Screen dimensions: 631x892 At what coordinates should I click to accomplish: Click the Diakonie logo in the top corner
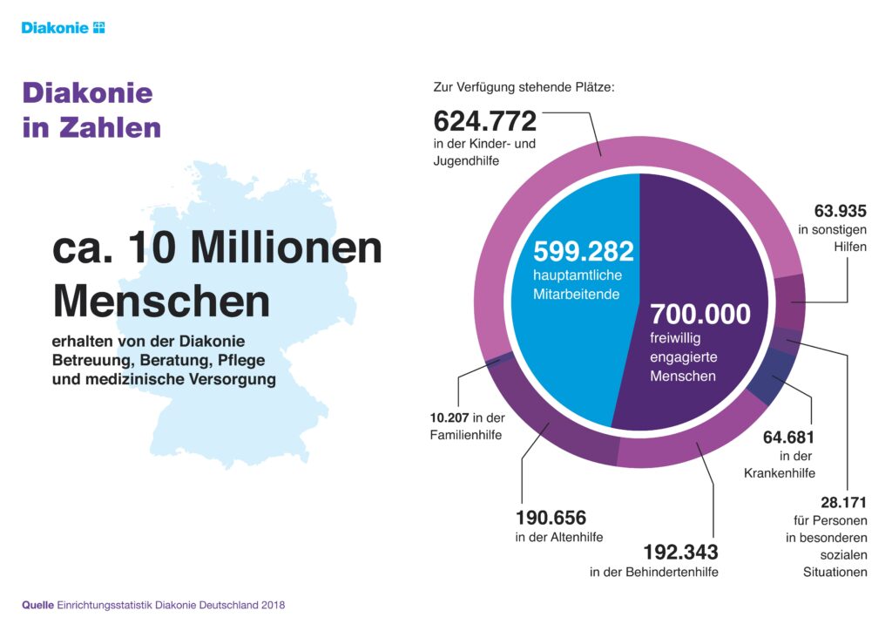point(63,28)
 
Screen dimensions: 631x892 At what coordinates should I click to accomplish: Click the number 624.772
point(484,121)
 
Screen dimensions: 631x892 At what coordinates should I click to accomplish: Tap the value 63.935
point(841,211)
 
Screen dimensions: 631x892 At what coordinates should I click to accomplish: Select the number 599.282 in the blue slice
point(583,252)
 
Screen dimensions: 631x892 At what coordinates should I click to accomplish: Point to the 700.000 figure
point(700,314)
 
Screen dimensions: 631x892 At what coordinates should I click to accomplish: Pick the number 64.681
point(788,437)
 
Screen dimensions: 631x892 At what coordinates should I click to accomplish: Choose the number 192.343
point(680,552)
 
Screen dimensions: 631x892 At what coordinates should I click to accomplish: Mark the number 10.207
point(445,417)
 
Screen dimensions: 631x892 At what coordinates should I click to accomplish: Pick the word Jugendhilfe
point(466,160)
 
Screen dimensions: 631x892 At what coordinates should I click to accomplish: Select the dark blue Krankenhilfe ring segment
point(772,377)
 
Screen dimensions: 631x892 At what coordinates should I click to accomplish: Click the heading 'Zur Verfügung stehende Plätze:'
point(524,87)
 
